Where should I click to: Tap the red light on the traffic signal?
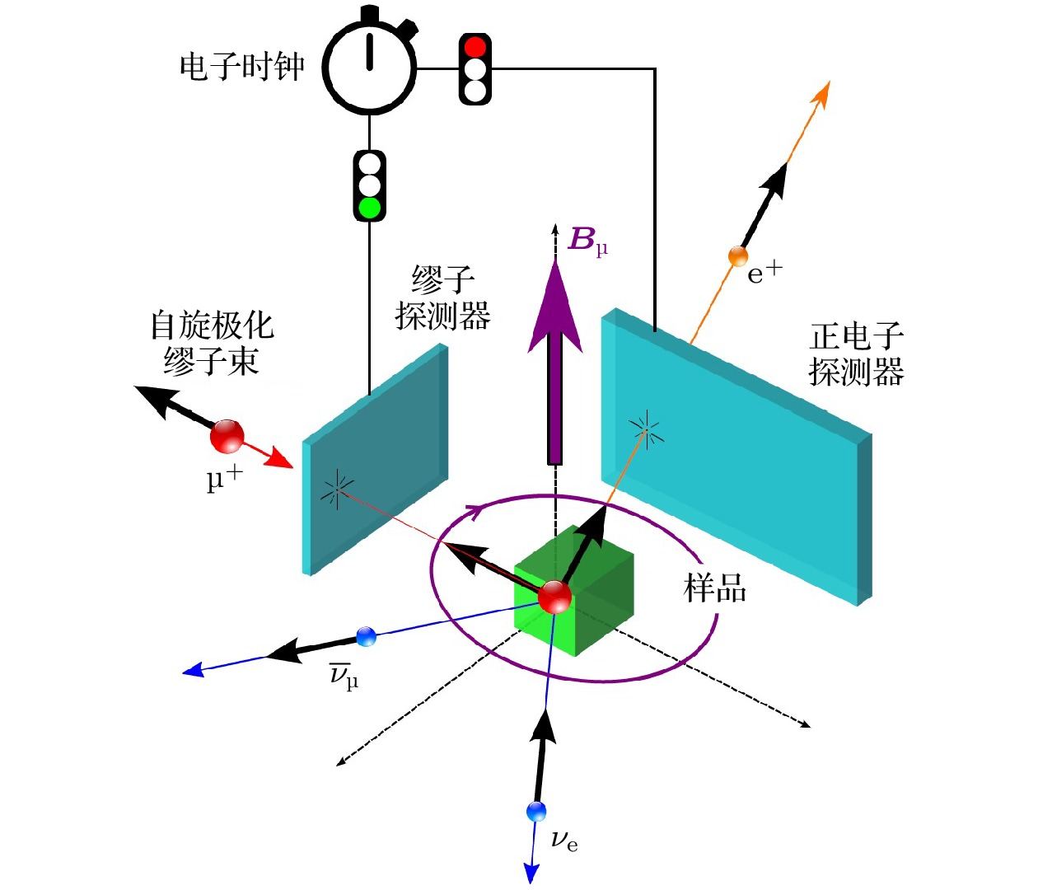click(x=475, y=46)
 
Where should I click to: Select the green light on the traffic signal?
click(x=370, y=207)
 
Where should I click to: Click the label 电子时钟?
click(x=241, y=67)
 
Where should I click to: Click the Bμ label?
click(x=587, y=241)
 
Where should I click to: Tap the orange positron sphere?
click(x=738, y=256)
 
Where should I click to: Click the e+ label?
click(x=764, y=272)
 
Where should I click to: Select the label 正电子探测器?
click(x=857, y=355)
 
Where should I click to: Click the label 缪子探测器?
click(x=443, y=298)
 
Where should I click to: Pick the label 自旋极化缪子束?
click(x=212, y=343)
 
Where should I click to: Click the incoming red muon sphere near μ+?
click(x=227, y=436)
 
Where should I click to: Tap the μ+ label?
click(x=224, y=478)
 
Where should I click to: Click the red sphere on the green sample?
click(x=554, y=597)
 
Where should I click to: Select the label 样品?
click(x=715, y=588)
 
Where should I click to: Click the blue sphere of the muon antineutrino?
click(x=366, y=636)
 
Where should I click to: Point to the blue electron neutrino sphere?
click(x=536, y=812)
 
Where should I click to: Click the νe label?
click(x=564, y=841)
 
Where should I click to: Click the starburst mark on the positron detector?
click(x=647, y=429)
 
